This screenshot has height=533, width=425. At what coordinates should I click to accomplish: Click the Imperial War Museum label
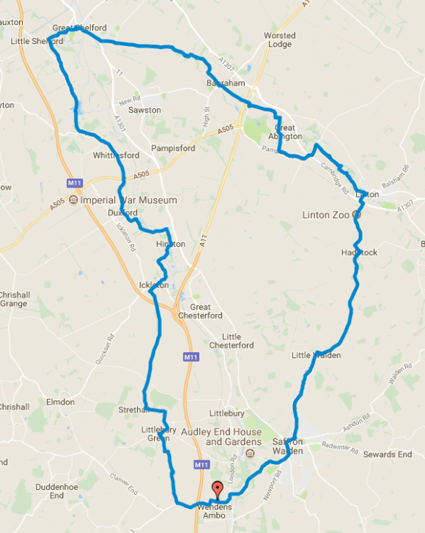point(129,200)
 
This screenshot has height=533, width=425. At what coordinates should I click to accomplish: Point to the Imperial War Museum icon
point(74,200)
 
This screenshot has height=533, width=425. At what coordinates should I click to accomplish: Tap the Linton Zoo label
point(326,215)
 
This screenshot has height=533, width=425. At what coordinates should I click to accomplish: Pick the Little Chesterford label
point(232,340)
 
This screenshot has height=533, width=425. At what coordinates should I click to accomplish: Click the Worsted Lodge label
point(279,40)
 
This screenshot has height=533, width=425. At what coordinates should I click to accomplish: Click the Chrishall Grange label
point(14,298)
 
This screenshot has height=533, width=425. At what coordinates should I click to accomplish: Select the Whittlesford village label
point(116,155)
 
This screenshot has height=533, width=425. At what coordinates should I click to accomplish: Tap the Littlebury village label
point(226,413)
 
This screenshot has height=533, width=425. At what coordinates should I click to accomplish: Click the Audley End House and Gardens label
point(222,437)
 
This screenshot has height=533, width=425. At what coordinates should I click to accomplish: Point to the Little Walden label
point(317,356)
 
